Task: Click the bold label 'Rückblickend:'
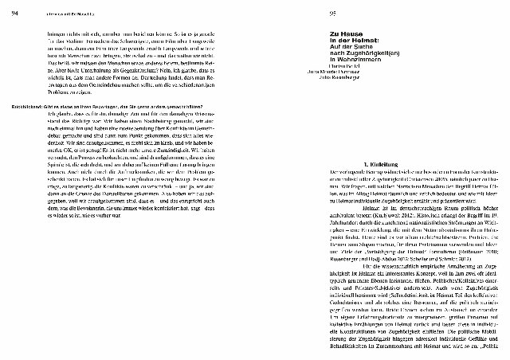29,108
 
